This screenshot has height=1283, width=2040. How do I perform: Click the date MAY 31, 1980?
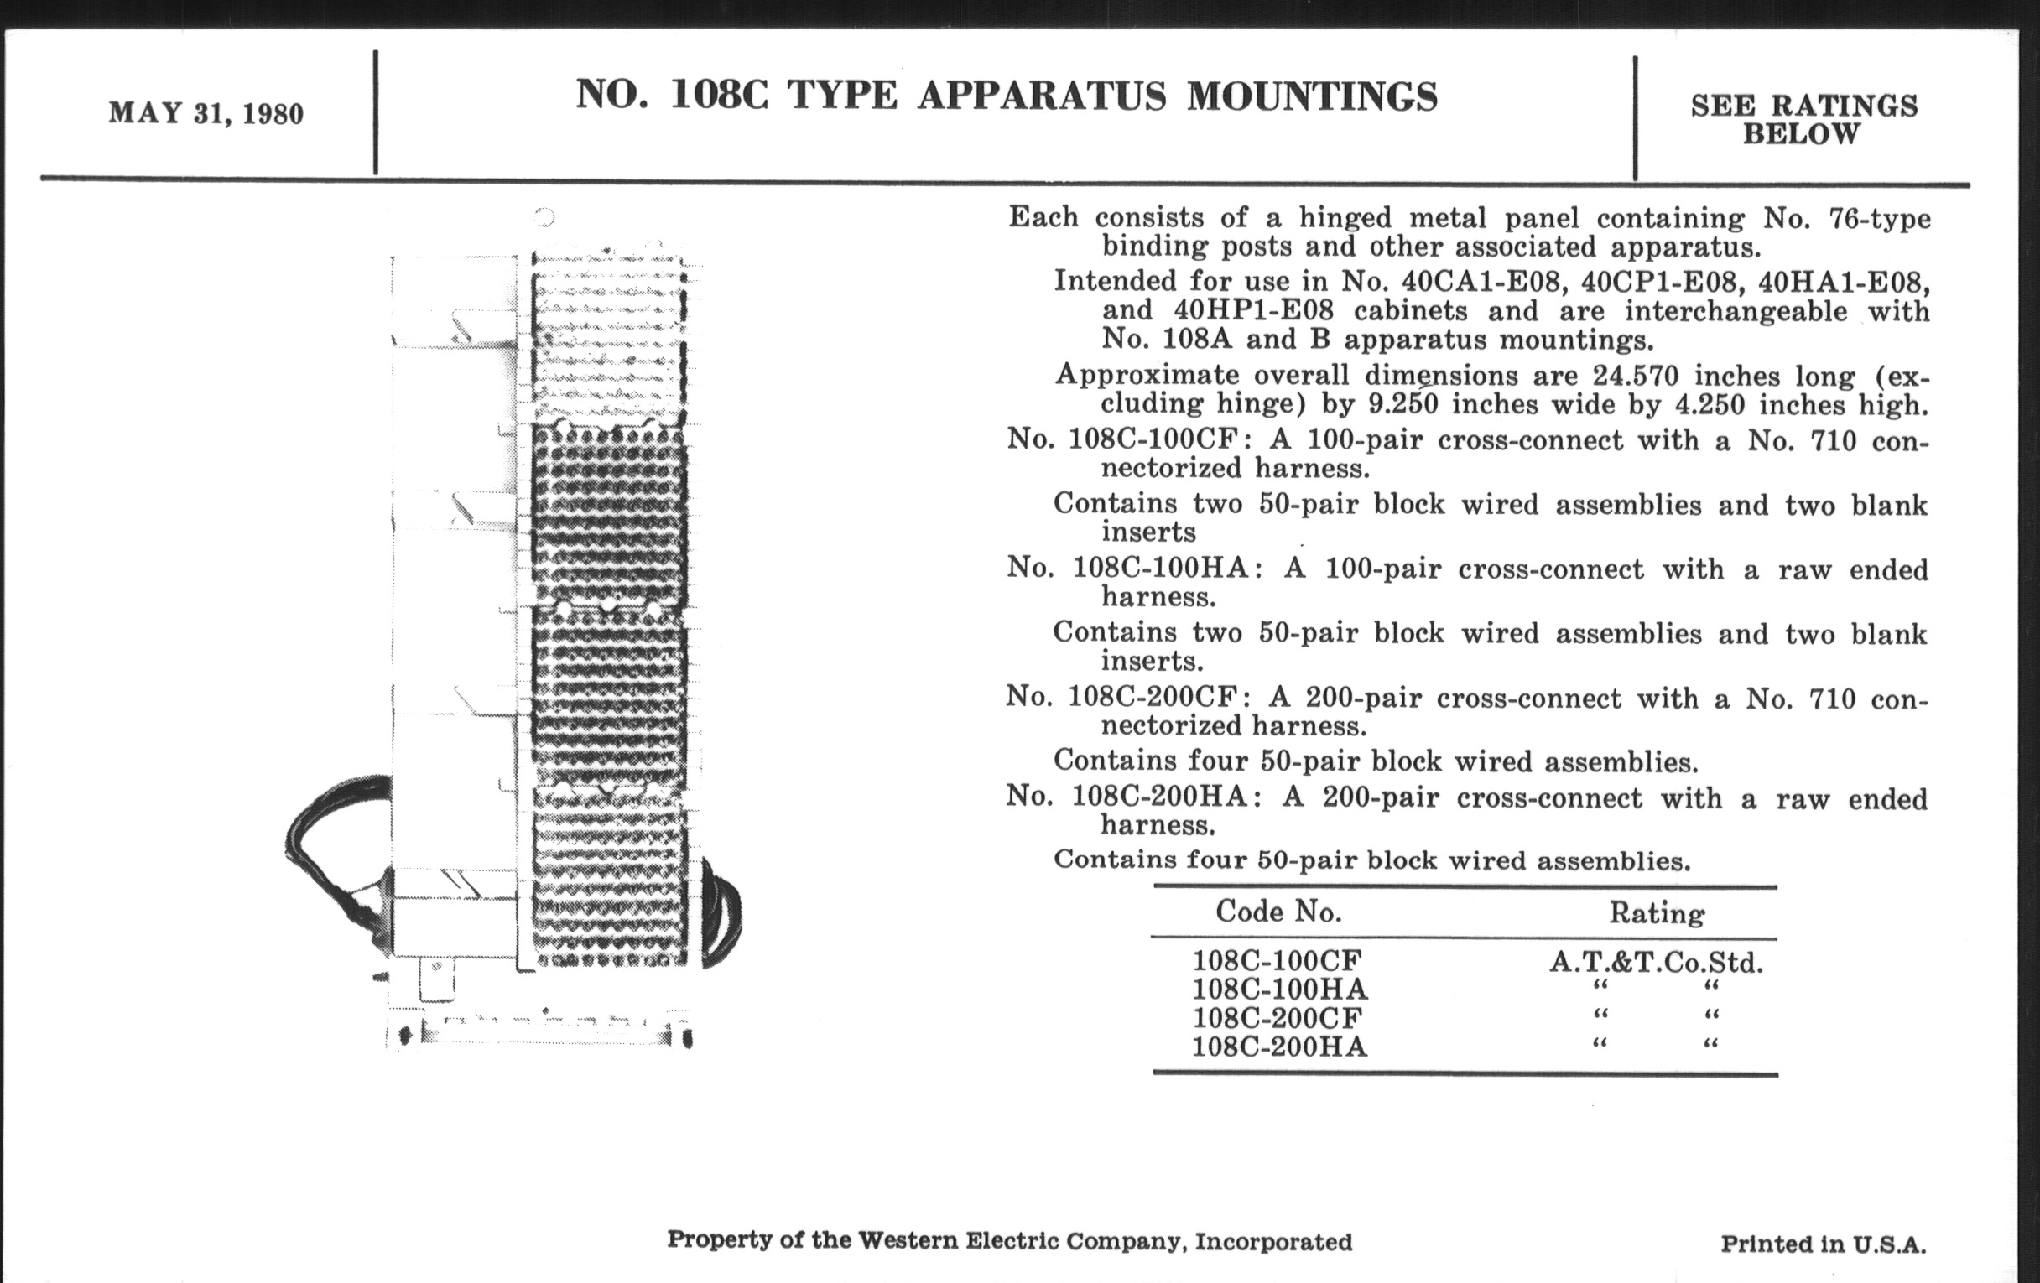[x=206, y=113]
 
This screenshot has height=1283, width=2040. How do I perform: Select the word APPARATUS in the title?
[x=1041, y=95]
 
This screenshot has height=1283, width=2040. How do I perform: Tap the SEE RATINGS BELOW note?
[x=1803, y=119]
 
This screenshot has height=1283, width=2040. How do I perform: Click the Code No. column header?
[x=1278, y=912]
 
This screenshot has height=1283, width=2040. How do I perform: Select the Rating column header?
[x=1656, y=913]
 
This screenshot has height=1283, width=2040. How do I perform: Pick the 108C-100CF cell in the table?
[x=1277, y=960]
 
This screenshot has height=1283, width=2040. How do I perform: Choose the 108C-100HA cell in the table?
[x=1279, y=990]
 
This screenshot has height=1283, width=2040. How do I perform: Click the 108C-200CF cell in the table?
[x=1279, y=1018]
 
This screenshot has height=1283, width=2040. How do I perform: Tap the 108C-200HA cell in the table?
[x=1279, y=1047]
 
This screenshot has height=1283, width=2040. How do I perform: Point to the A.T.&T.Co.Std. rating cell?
[x=1655, y=962]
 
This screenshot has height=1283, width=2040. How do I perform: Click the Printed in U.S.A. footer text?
[x=1823, y=1244]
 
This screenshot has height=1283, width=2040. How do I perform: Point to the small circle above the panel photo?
[x=544, y=218]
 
